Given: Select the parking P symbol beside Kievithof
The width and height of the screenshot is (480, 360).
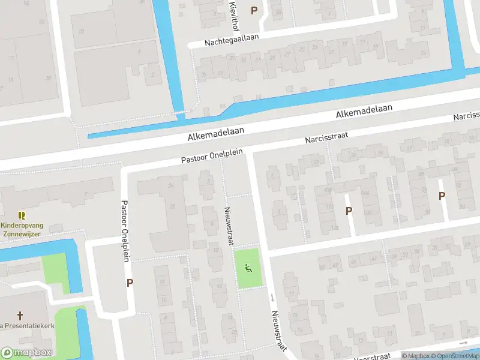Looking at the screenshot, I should [x=254, y=10].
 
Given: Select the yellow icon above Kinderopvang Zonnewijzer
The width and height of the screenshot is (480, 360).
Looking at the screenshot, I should [x=22, y=214].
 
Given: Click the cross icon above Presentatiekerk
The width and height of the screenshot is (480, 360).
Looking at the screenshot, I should [x=20, y=315].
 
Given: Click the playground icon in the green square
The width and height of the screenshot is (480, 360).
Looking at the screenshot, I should [x=247, y=268].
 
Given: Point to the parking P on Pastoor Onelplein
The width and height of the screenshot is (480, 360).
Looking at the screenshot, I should [x=129, y=284].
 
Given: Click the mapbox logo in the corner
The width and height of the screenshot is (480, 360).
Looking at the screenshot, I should [x=26, y=353].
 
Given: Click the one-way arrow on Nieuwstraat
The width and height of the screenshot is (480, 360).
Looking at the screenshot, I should [x=272, y=298].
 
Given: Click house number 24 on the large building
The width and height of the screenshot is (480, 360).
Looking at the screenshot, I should [x=172, y=185].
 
